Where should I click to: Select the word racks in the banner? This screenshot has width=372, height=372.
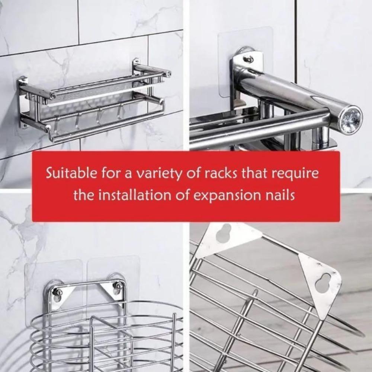[223, 173]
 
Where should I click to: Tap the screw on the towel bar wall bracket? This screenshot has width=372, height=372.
[248, 59]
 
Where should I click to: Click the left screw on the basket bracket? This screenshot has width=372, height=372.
[58, 292]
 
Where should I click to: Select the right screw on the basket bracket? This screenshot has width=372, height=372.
[118, 286]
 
